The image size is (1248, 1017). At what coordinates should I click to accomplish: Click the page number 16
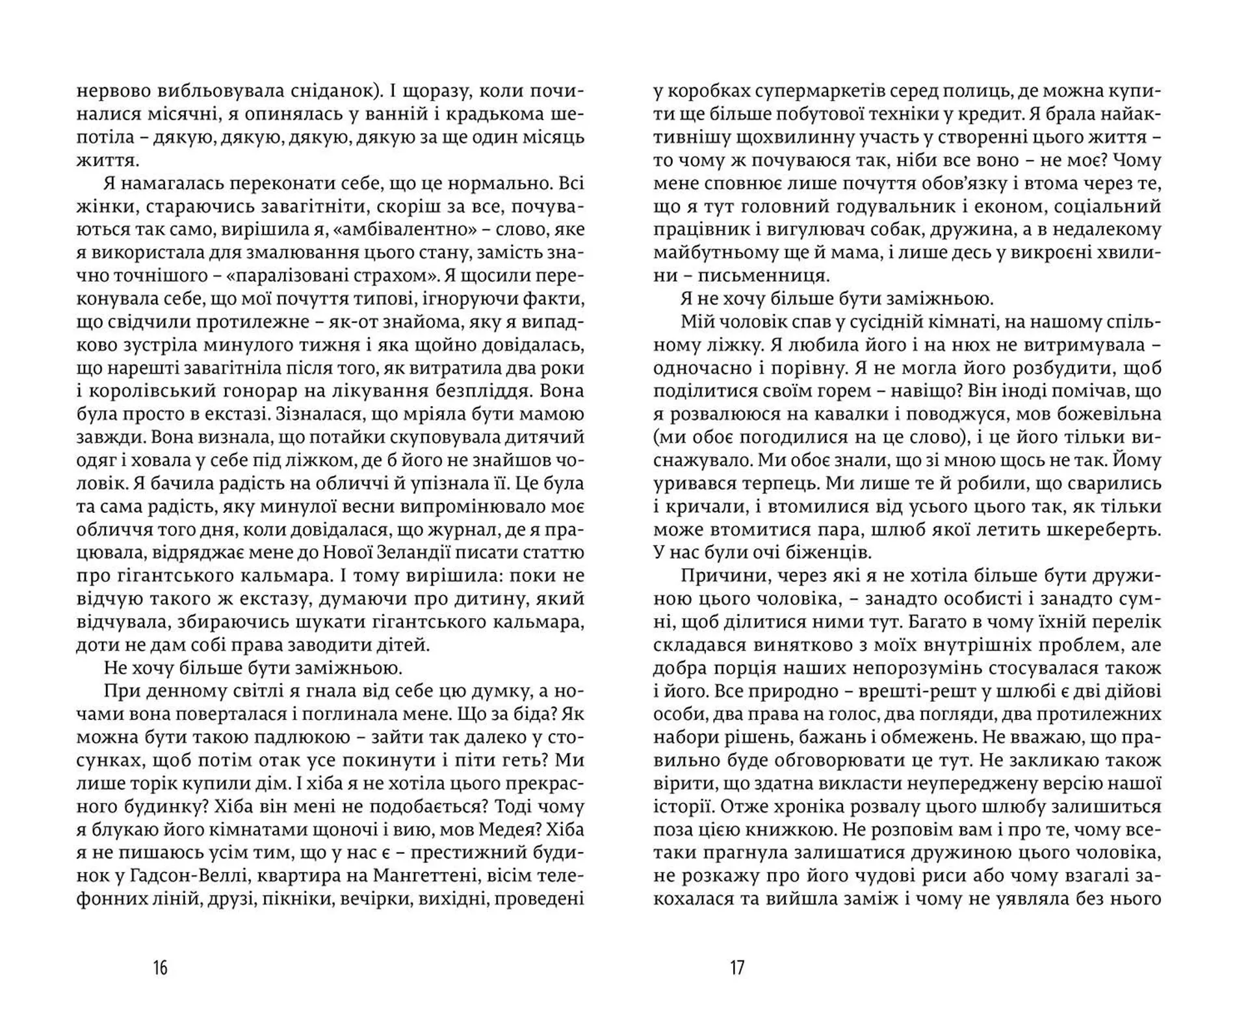[160, 968]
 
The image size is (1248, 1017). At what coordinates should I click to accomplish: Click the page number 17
[736, 968]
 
